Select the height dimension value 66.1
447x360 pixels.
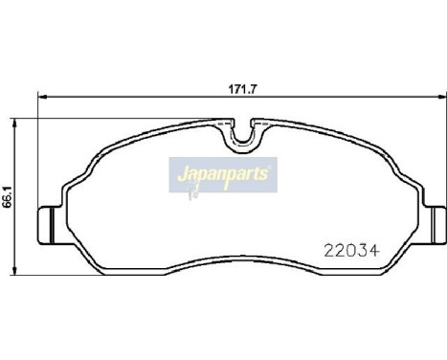pyautogui.click(x=9, y=197)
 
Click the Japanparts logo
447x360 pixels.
pyautogui.click(x=223, y=175)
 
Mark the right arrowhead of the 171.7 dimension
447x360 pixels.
pyautogui.click(x=439, y=97)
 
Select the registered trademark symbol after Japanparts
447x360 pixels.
pyautogui.click(x=273, y=167)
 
